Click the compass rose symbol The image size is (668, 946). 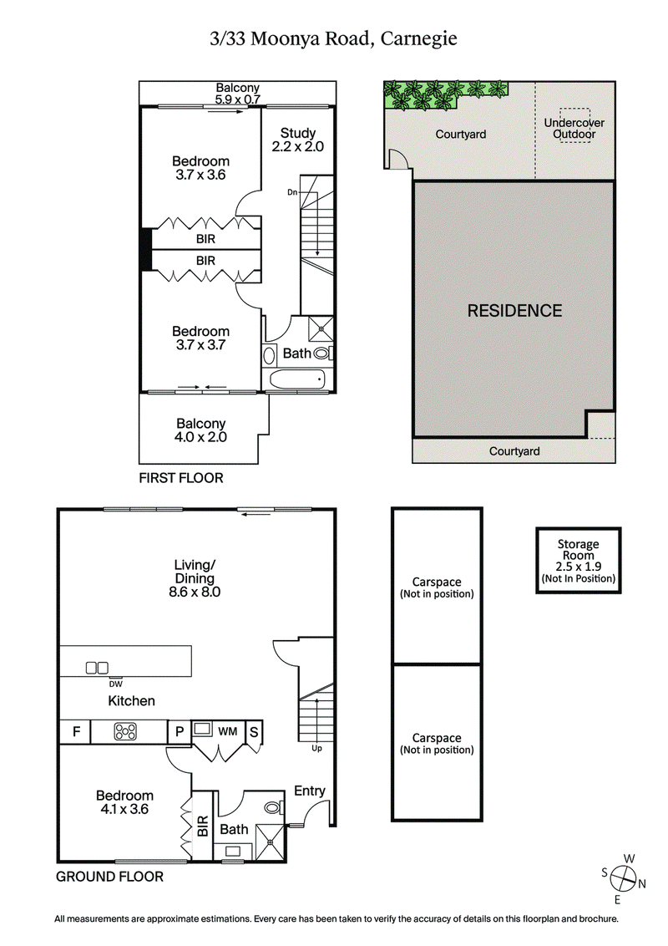(622, 878)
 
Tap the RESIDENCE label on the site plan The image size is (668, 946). (514, 310)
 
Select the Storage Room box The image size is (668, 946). (578, 560)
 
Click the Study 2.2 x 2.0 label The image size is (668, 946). (297, 139)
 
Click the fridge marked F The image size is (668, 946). (76, 732)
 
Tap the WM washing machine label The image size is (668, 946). (228, 731)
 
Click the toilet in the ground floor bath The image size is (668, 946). (272, 809)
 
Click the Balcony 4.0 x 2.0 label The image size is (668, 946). (201, 430)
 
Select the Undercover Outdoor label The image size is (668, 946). (574, 128)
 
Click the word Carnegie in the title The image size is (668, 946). (419, 38)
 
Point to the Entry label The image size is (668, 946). (309, 791)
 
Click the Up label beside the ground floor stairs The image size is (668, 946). (316, 748)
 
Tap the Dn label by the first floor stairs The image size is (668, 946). (292, 192)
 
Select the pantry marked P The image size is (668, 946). (179, 732)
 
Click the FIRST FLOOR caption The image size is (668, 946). (181, 478)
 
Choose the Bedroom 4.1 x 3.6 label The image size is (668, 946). (124, 801)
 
